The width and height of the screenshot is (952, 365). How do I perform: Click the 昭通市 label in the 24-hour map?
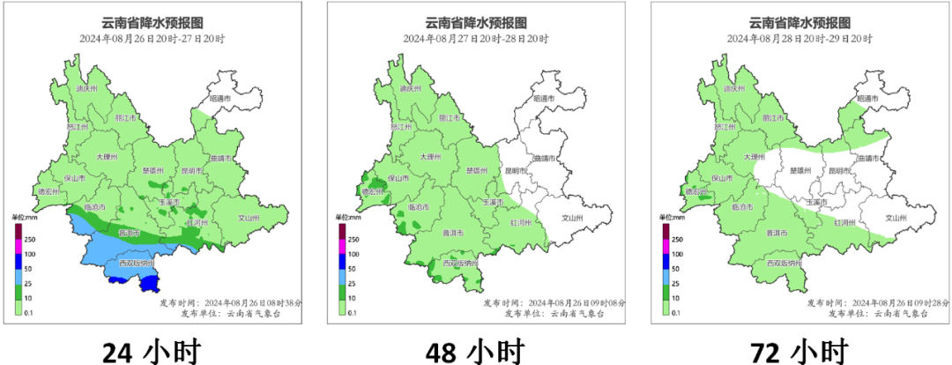pos(223,99)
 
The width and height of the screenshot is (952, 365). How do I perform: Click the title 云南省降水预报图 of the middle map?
pos(476,23)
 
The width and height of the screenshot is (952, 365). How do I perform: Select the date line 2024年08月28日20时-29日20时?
pos(800,39)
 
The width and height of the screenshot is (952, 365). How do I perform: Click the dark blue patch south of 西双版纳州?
pos(151,283)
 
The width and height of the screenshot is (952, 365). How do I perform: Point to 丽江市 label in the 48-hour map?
pos(450,117)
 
